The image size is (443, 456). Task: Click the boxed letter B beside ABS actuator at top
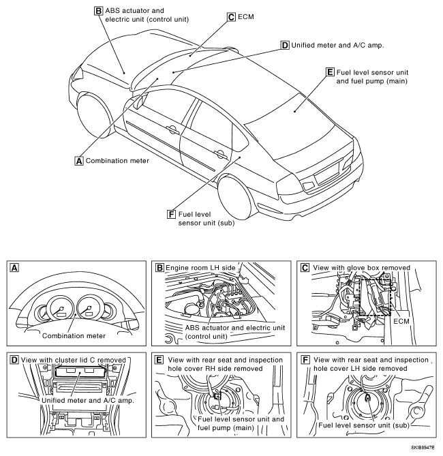[99, 11]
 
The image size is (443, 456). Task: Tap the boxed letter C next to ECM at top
[231, 17]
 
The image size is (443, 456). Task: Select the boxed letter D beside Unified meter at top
[285, 46]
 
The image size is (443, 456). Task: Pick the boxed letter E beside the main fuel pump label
[330, 72]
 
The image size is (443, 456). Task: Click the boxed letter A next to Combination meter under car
[79, 161]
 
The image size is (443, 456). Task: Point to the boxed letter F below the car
[171, 214]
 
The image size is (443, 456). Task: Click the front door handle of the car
[172, 130]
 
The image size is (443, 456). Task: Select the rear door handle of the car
[220, 155]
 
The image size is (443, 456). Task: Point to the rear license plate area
[327, 173]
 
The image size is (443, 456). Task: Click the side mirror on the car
[140, 102]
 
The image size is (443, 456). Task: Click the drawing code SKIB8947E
[423, 447]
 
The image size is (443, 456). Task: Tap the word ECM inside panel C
[401, 321]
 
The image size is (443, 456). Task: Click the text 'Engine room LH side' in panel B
[200, 268]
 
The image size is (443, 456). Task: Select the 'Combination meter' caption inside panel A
[74, 336]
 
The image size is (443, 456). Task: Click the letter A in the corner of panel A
[14, 268]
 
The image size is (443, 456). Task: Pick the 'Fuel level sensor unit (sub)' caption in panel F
[364, 425]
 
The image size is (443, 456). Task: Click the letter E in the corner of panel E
[159, 360]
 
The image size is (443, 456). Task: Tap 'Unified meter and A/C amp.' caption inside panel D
[88, 401]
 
